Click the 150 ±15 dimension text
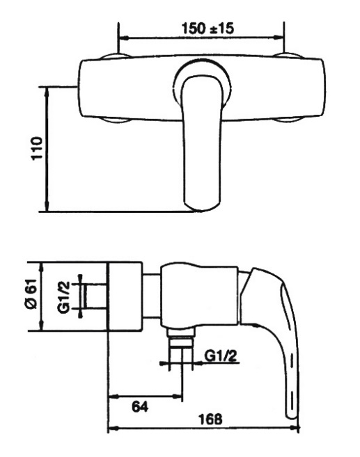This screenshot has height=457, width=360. point(208,29)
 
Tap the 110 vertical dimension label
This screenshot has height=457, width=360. point(37,148)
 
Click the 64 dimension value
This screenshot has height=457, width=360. point(140,407)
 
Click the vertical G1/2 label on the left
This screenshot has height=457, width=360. point(64,297)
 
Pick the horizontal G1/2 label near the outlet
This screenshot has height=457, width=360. point(221,356)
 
